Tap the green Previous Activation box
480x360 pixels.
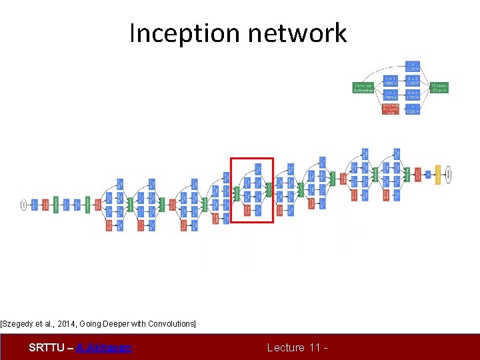363,87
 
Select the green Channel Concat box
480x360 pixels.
439,87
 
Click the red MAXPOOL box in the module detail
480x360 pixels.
391,109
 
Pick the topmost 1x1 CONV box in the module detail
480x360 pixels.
413,65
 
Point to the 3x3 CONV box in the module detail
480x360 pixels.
413,80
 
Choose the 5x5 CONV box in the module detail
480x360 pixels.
413,95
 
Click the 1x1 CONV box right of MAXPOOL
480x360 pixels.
413,109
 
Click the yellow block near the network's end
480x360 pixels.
438,175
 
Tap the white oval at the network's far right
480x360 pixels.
449,175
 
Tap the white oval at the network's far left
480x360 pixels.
24,205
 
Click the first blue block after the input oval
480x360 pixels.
35,205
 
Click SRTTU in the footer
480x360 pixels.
46,347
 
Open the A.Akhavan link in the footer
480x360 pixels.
103,347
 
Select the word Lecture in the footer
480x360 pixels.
286,347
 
